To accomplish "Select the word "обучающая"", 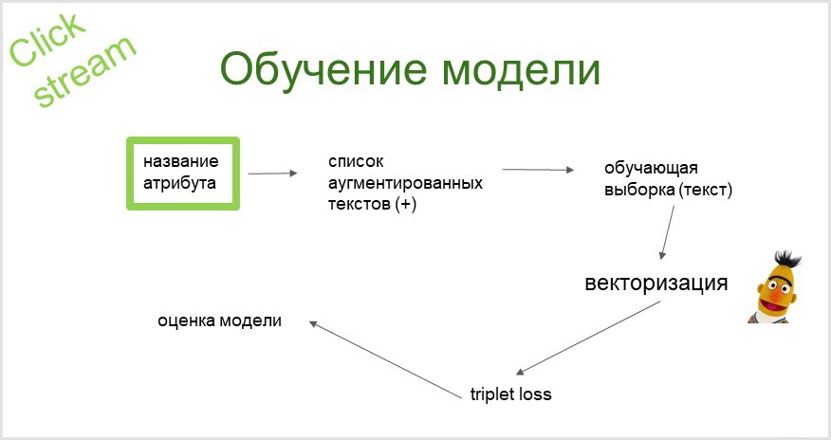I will coord(651,169).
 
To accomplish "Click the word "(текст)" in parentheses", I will coord(705,190).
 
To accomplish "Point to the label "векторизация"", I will coord(656,284).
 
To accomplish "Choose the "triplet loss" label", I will coord(510,394).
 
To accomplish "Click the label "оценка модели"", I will coord(219,320).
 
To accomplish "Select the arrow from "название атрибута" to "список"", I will coord(272,173).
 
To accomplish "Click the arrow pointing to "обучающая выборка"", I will coord(538,170).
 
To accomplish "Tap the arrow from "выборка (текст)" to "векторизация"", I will coord(668,231).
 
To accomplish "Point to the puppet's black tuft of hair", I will coord(786,258).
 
